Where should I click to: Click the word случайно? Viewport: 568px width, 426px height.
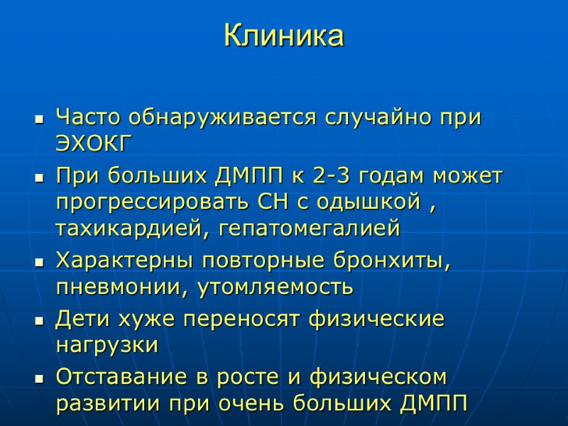pyautogui.click(x=383, y=117)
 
